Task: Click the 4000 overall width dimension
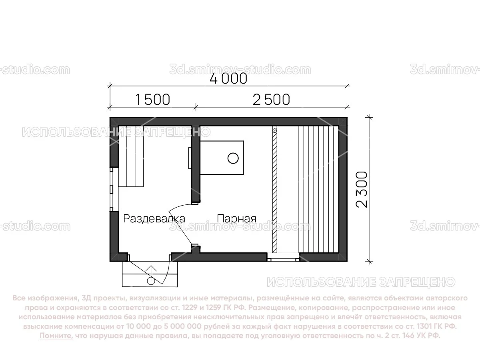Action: [228, 79]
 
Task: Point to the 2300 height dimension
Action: [361, 190]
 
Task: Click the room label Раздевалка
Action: [154, 219]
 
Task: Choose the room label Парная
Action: [236, 219]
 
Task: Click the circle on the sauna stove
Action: [232, 158]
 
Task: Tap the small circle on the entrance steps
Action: [151, 281]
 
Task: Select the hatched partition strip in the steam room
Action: [274, 192]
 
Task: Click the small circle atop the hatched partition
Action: [274, 130]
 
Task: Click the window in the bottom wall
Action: [283, 258]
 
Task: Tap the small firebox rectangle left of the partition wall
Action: [189, 158]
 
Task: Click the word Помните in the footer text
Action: [56, 336]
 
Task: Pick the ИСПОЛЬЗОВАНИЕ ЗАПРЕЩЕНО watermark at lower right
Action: [361, 282]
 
